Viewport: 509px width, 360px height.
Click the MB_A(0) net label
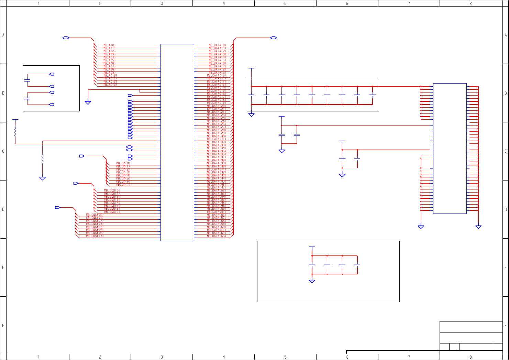[110, 45]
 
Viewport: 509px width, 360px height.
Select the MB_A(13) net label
[110, 85]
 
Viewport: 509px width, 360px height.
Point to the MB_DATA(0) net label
[217, 45]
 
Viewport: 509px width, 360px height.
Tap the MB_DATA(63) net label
[217, 236]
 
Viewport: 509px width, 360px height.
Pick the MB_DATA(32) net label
[217, 142]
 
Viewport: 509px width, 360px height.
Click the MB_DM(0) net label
[123, 163]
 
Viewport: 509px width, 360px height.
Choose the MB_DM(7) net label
[123, 185]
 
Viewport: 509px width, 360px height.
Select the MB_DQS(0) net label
[112, 190]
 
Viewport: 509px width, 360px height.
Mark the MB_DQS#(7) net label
[95, 236]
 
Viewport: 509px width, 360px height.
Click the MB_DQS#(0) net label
[95, 215]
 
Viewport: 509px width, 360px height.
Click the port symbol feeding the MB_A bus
[66, 38]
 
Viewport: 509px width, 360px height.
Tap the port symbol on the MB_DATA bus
[274, 38]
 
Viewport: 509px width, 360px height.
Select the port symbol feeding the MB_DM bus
[82, 156]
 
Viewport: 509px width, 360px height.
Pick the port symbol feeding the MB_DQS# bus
[57, 208]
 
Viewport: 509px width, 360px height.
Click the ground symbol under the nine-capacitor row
[251, 115]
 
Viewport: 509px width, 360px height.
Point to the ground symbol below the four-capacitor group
[312, 281]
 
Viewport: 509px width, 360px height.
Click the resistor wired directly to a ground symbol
[42, 159]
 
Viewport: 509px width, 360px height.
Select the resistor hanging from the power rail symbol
[15, 131]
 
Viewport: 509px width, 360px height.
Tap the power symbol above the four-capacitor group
[312, 247]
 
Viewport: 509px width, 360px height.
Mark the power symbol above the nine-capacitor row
[251, 69]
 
